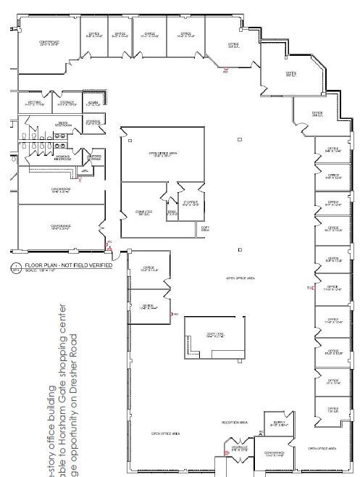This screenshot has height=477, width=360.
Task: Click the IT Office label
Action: coord(191,204)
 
